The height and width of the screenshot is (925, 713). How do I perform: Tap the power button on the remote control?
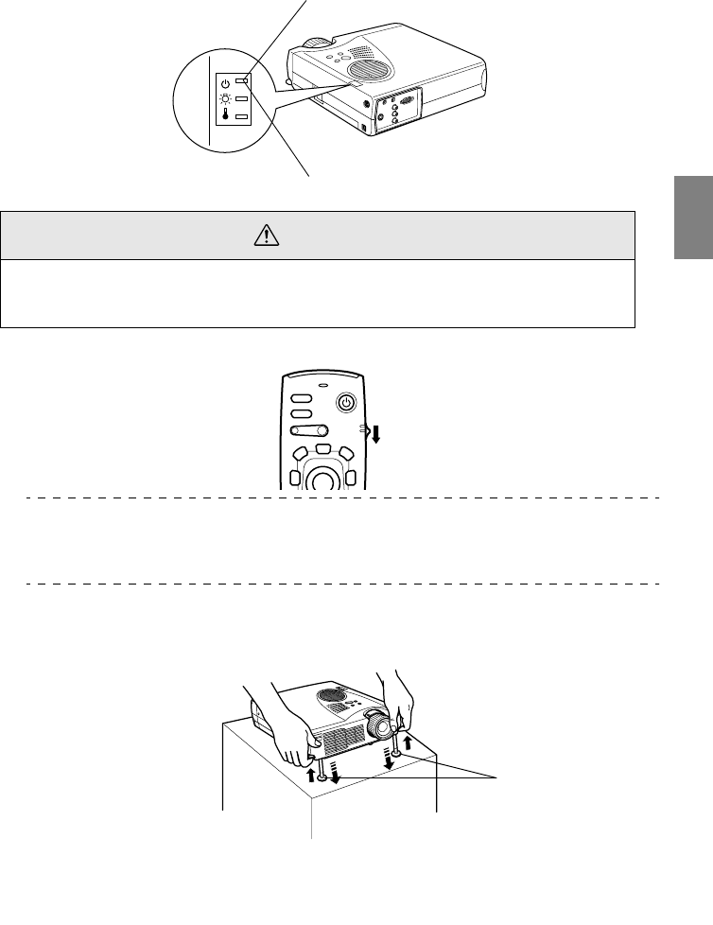point(347,402)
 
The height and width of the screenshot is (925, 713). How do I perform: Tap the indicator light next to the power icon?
point(242,81)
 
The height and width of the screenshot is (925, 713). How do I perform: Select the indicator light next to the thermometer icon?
point(242,117)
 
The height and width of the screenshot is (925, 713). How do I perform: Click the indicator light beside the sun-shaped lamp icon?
point(242,99)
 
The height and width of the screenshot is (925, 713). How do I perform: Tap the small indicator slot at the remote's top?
point(323,385)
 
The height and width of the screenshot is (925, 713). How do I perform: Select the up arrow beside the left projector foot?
point(311,774)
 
